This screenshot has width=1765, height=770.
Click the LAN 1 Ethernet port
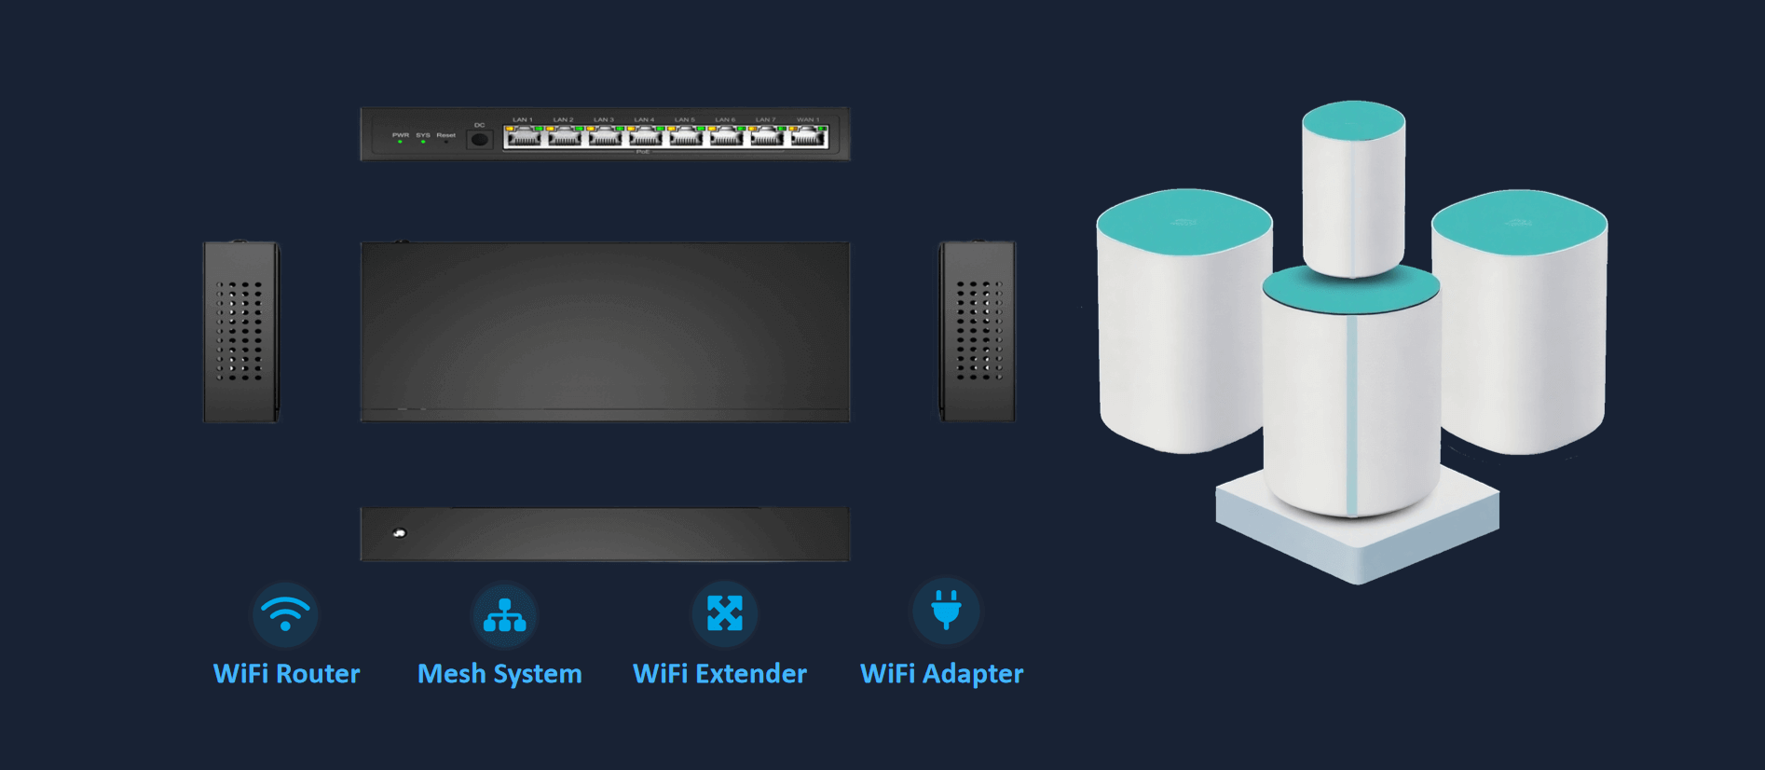point(523,138)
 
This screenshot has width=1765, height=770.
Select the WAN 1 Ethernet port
point(808,138)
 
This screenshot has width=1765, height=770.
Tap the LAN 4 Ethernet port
point(645,138)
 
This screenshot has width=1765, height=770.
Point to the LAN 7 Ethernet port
point(766,138)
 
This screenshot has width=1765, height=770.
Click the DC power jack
point(479,140)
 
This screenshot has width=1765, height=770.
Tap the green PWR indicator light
point(401,142)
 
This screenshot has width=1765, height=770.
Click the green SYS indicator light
point(423,142)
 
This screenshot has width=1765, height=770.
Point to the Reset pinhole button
point(446,142)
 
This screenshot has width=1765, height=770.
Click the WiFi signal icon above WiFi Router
point(285,613)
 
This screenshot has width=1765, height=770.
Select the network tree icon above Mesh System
point(504,615)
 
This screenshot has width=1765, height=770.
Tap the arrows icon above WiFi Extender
point(724,613)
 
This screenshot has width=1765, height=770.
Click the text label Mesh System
point(499,674)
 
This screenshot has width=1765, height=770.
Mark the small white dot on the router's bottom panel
point(400,533)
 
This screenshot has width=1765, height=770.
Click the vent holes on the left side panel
point(239,331)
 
